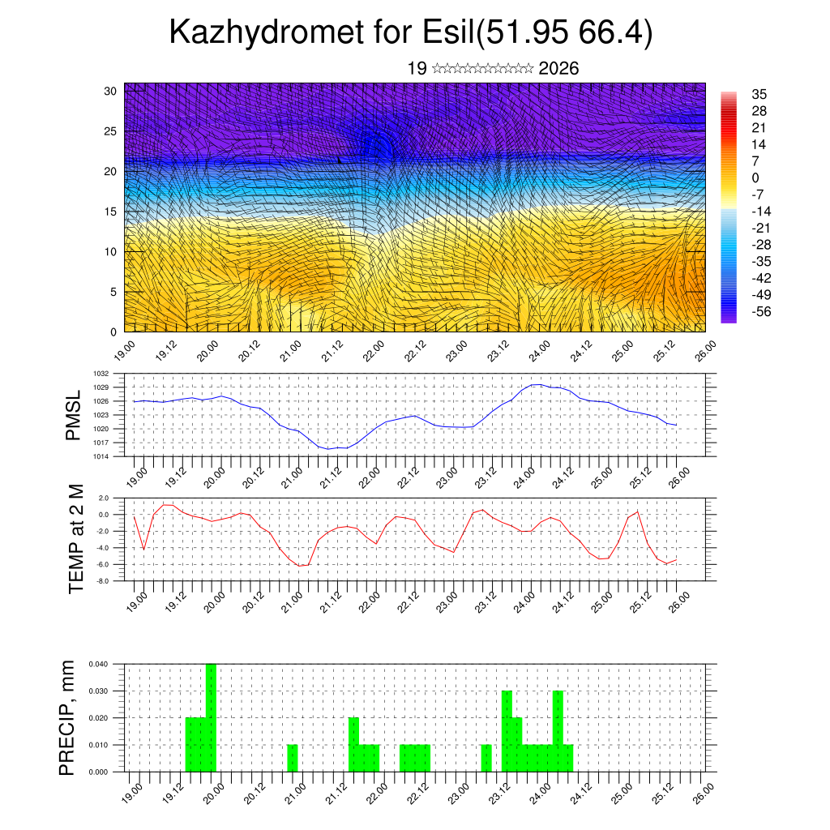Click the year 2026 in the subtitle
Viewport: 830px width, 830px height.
tap(558, 69)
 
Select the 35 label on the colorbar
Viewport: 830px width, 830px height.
tap(759, 94)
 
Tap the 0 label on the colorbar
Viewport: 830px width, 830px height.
tap(755, 178)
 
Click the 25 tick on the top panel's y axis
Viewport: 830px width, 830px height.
tap(111, 130)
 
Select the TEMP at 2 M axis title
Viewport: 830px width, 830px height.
tap(77, 539)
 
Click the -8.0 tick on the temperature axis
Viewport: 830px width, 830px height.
tap(104, 581)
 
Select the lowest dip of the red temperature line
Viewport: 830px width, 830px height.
tap(302, 566)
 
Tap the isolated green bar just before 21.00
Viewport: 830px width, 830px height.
tap(293, 758)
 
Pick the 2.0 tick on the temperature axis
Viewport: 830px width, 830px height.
tap(105, 498)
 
